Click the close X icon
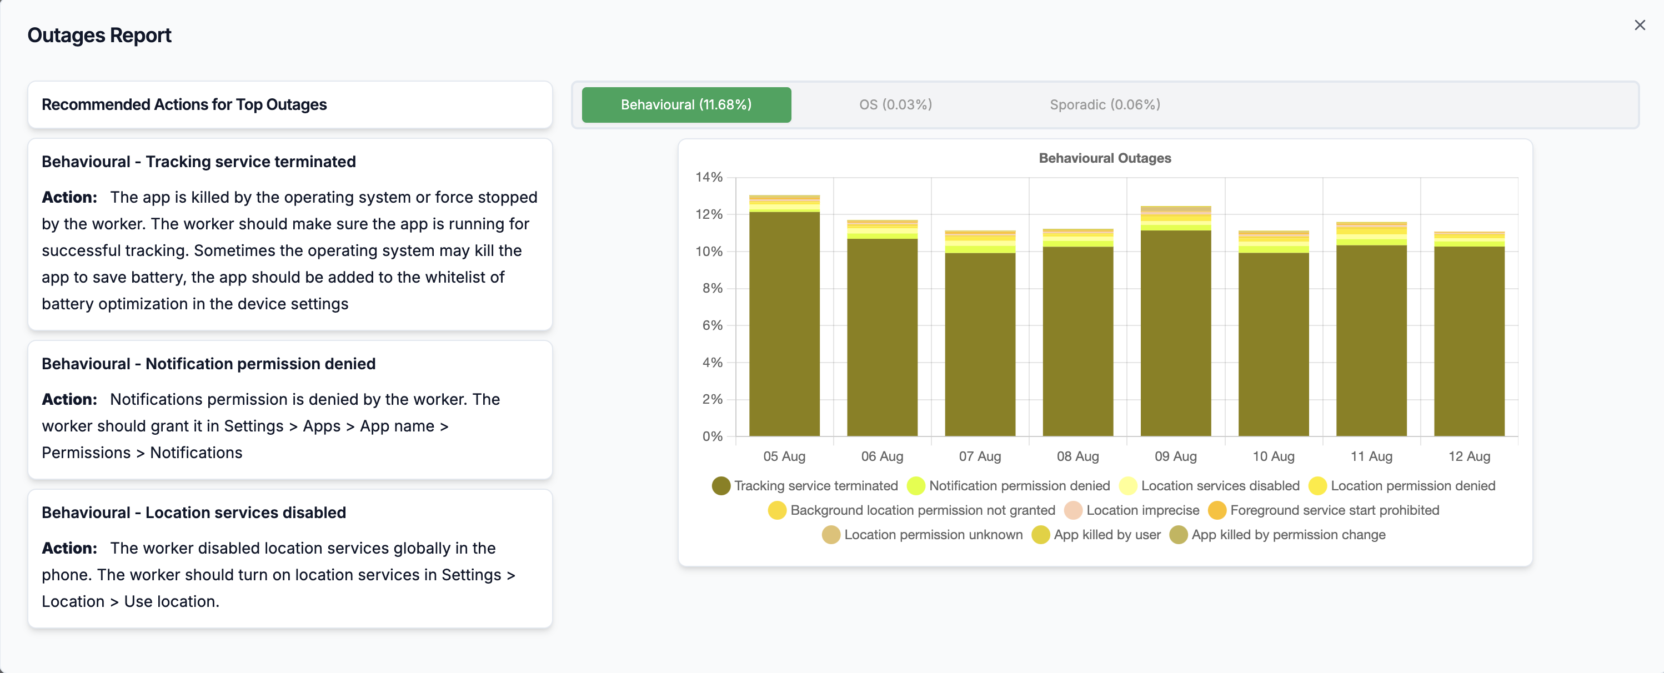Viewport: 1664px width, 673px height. click(1640, 25)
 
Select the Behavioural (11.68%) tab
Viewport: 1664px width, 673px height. click(686, 104)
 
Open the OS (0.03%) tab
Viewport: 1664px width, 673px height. click(895, 104)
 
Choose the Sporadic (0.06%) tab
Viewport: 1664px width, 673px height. click(1105, 104)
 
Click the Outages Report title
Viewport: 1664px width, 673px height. click(99, 36)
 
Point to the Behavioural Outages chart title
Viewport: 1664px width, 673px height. click(1105, 158)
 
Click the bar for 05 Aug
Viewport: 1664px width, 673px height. click(784, 315)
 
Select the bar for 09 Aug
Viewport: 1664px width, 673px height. click(1176, 321)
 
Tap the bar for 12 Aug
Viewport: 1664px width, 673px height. click(1469, 333)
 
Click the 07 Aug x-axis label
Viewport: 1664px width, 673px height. click(980, 456)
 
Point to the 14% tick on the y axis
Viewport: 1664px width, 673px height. click(709, 177)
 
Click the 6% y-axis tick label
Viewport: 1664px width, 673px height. click(713, 325)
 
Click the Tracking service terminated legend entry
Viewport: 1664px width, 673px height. click(805, 486)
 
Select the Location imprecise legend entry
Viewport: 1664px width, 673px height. click(1132, 510)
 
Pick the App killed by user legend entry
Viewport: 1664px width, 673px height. click(1096, 535)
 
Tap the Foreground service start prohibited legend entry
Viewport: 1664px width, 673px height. click(1324, 510)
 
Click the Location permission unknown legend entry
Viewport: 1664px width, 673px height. click(923, 535)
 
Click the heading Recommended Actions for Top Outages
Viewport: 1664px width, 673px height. click(184, 104)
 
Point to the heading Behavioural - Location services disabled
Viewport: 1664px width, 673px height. click(194, 512)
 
